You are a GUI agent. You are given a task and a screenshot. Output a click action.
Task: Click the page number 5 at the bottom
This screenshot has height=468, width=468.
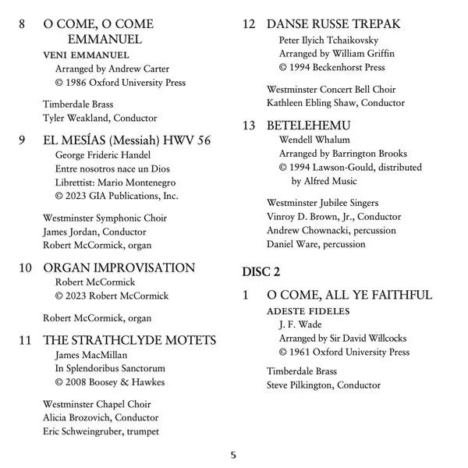point(233,454)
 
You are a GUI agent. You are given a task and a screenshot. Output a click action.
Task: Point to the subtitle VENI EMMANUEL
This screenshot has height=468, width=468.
point(86,55)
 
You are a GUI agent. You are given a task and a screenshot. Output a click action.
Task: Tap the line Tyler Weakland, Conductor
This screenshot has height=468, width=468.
point(100,118)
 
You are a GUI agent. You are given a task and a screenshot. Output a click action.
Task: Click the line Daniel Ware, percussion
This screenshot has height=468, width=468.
point(315,245)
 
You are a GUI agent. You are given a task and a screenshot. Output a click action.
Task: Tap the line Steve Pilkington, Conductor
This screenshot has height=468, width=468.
point(323,385)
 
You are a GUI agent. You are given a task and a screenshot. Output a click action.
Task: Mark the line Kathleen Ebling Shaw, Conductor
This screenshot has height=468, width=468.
point(335,103)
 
